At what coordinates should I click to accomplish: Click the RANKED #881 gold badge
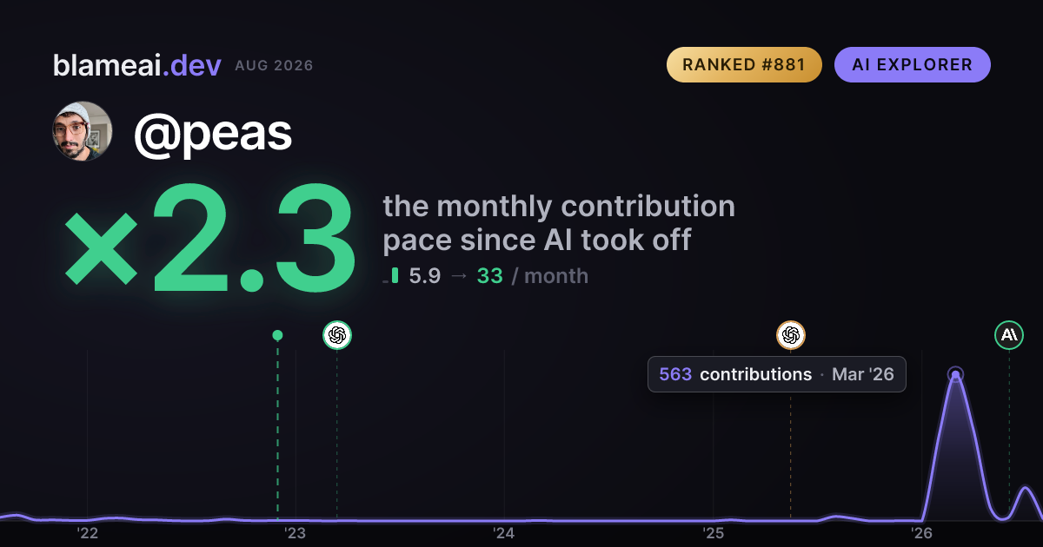point(744,64)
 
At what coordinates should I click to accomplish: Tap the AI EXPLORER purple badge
point(912,64)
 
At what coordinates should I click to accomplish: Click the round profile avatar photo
point(83,132)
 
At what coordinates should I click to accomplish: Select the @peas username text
point(213,135)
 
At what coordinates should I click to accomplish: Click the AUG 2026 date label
point(274,66)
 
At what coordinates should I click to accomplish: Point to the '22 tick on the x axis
point(87,533)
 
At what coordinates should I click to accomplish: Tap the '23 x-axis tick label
point(296,533)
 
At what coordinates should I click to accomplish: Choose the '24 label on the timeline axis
point(504,533)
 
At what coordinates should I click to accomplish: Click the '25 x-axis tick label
point(713,533)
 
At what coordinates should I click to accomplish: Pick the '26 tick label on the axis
point(921,533)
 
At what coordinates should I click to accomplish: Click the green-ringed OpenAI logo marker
point(337,335)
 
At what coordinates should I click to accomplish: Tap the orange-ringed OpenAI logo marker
point(791,335)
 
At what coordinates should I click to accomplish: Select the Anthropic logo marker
point(1009,335)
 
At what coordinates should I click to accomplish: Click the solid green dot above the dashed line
point(277,335)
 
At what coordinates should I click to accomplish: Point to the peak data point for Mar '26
point(955,374)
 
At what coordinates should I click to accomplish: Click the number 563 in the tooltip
point(675,374)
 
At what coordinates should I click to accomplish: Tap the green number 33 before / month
point(490,276)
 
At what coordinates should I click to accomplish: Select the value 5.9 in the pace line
point(425,276)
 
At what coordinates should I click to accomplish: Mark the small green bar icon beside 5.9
point(395,275)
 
